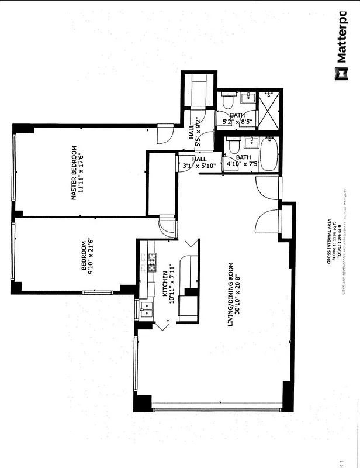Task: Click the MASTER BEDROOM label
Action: pos(74,173)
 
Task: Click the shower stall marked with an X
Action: pos(269,109)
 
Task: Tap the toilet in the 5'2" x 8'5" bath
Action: pos(227,101)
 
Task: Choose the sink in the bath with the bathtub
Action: pos(251,142)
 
